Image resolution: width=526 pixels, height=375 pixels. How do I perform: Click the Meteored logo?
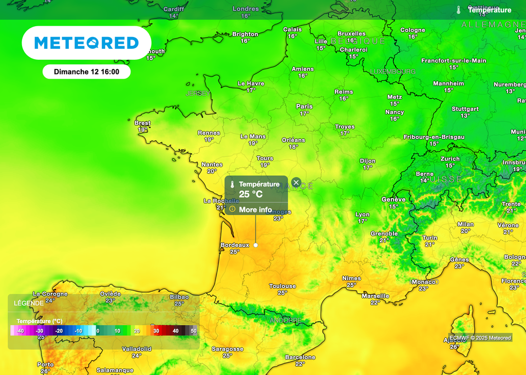(86, 43)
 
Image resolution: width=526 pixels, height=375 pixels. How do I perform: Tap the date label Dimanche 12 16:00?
(86, 72)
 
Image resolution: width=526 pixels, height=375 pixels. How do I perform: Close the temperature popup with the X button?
(296, 183)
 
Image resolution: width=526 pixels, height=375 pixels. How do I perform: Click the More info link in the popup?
(255, 209)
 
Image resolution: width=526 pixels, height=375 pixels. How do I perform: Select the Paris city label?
(304, 106)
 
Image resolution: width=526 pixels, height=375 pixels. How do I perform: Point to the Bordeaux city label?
(234, 245)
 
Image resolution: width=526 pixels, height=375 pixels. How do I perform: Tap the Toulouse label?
(283, 286)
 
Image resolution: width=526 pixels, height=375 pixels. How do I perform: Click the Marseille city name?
(375, 296)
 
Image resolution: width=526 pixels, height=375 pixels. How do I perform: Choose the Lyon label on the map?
(362, 215)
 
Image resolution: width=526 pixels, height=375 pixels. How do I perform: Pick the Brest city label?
(142, 123)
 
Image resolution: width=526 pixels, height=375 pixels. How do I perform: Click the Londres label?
(246, 9)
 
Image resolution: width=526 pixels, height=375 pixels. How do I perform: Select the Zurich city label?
(450, 159)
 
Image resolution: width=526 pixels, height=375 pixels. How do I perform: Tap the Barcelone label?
(300, 357)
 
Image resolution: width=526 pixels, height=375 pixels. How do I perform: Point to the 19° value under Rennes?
(209, 139)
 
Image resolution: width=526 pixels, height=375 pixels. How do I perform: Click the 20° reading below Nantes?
(212, 171)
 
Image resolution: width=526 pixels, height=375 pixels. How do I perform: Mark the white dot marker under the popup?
(255, 245)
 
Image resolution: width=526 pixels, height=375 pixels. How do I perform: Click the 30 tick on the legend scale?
(156, 331)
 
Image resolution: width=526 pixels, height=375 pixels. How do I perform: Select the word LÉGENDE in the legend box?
(29, 303)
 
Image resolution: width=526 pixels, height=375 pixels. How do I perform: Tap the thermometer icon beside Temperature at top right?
(458, 10)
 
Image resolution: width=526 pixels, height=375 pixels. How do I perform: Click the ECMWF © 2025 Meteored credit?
(480, 338)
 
